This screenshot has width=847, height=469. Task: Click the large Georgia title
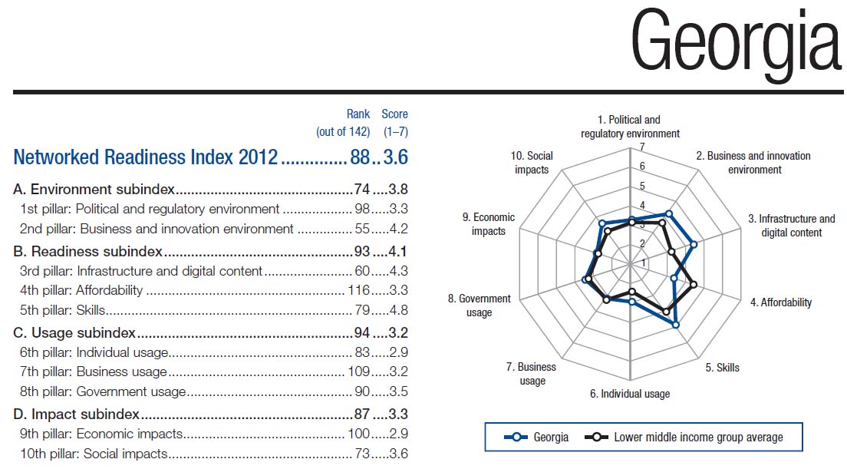[x=735, y=45]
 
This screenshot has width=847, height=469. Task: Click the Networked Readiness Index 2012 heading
[x=145, y=157]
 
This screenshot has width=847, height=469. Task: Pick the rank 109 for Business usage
[x=356, y=372]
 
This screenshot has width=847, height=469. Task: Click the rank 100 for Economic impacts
[x=358, y=433]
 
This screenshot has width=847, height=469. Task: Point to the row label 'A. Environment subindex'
[x=94, y=189]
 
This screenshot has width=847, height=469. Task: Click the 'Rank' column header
[x=358, y=114]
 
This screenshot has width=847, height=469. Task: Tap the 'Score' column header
[x=395, y=114]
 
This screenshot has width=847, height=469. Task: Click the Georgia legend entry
[x=537, y=437]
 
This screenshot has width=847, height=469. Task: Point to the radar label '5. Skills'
[x=722, y=368]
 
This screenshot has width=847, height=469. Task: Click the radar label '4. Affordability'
[x=780, y=302]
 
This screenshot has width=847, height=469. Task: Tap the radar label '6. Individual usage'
[x=629, y=394]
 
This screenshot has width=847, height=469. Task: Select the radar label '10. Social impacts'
[x=532, y=163]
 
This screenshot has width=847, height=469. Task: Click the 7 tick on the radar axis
[x=642, y=147]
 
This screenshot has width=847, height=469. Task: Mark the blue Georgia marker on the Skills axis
[x=676, y=325]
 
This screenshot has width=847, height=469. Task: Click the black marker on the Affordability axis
[x=694, y=285]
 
